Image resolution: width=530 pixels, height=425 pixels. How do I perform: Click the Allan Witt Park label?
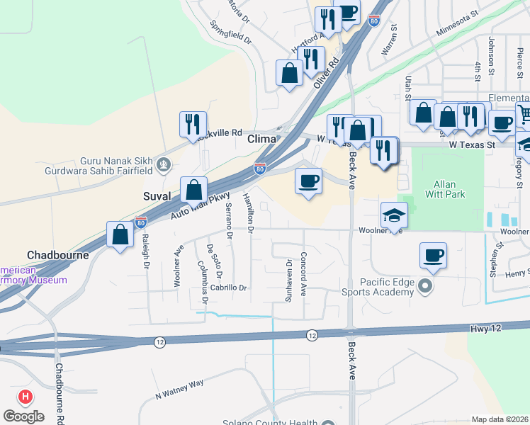[447, 188]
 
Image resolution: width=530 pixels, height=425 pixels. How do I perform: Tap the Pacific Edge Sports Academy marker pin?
[425, 286]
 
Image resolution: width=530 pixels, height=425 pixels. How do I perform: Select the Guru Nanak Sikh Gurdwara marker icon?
[164, 165]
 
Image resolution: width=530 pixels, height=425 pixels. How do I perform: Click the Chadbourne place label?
[57, 255]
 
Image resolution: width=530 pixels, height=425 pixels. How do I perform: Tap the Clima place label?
[261, 139]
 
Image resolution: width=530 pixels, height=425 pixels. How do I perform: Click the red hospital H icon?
[26, 397]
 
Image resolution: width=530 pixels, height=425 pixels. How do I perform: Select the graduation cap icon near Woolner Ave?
[394, 214]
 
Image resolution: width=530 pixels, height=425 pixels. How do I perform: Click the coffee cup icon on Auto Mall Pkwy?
[309, 181]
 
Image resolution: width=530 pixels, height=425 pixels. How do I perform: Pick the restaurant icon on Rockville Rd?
[193, 124]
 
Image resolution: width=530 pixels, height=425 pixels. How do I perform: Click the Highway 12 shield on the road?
[312, 334]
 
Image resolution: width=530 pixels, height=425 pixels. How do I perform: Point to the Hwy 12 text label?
[483, 329]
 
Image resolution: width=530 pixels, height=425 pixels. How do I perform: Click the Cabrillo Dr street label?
[229, 288]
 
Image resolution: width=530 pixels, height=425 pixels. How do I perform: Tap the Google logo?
[23, 416]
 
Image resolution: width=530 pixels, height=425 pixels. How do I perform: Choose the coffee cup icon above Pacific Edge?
[433, 255]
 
